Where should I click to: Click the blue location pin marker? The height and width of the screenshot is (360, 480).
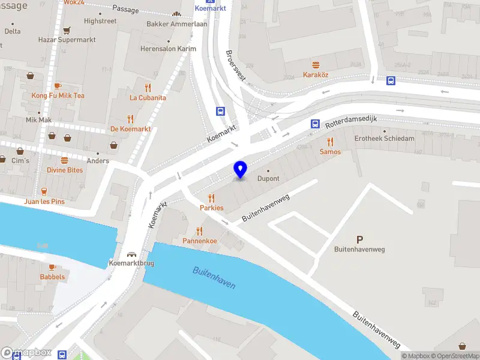tap(241, 169)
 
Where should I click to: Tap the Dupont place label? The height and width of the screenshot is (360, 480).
tap(268, 179)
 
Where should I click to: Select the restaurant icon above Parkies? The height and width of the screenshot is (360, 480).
tap(211, 198)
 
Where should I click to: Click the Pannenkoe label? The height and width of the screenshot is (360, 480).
tap(199, 241)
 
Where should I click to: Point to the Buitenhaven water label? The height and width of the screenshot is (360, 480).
tap(214, 278)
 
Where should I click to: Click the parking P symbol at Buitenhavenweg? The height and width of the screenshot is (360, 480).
tap(359, 239)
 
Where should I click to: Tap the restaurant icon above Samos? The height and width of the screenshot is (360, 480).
tap(330, 142)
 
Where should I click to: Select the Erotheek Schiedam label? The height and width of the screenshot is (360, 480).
tap(384, 138)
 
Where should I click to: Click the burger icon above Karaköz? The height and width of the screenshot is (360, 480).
tap(316, 65)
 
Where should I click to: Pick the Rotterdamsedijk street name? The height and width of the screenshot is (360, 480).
tap(351, 122)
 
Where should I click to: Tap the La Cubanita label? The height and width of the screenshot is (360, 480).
tap(148, 98)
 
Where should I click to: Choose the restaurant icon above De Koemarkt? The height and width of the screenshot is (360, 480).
tap(130, 119)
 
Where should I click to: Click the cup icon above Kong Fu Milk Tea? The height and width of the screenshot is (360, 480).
tap(58, 86)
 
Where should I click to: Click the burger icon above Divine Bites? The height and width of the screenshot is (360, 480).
tap(64, 160)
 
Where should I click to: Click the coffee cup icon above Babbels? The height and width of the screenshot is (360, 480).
tap(52, 267)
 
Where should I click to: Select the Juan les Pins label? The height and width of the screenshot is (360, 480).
tap(44, 202)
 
